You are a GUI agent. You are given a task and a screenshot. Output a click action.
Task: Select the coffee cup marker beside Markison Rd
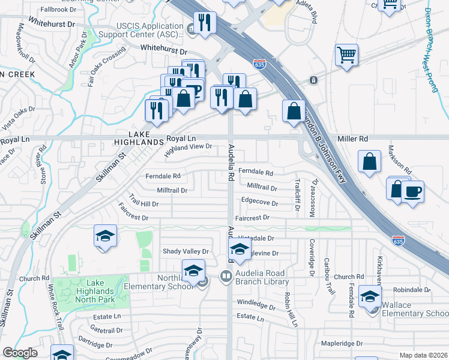412,193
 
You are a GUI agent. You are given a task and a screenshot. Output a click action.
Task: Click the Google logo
20,353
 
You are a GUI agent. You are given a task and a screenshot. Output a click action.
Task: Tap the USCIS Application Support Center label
149,30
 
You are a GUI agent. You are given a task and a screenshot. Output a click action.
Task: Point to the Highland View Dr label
189,149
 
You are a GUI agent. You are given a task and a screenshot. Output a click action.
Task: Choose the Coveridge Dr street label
312,256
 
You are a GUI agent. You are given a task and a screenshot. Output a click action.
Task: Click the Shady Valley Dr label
185,251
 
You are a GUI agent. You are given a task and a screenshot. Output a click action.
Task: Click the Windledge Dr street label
256,304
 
